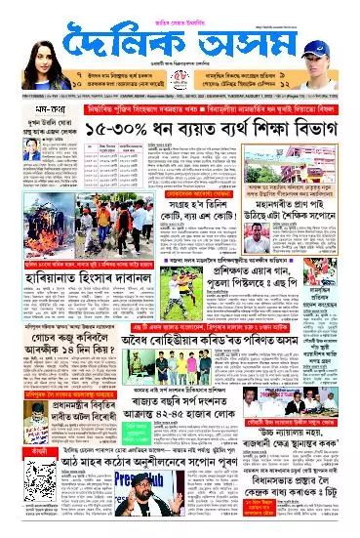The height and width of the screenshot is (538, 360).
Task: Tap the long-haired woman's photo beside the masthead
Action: (x=28, y=38)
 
